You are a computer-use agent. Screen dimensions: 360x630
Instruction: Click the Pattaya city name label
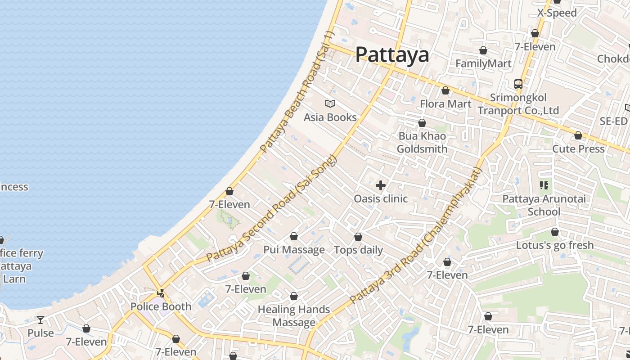click(392, 55)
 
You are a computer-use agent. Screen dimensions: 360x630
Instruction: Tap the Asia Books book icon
click(330, 104)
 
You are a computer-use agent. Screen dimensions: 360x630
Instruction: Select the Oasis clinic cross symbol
click(381, 185)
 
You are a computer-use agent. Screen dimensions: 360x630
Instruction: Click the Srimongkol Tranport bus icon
click(518, 84)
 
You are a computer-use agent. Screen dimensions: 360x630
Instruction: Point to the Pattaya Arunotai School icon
click(544, 185)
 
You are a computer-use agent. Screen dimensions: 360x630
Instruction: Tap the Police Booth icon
click(161, 293)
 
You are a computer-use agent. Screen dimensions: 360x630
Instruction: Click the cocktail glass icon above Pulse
click(40, 319)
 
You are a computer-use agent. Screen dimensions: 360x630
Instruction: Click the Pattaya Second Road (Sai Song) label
click(271, 208)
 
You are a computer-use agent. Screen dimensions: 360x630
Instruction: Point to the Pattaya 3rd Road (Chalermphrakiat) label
click(416, 235)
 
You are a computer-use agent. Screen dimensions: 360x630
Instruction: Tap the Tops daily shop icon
click(358, 237)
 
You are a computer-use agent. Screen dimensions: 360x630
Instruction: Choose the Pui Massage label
click(294, 250)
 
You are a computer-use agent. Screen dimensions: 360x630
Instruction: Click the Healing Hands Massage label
click(294, 316)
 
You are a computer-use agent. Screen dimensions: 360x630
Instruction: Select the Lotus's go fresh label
click(555, 245)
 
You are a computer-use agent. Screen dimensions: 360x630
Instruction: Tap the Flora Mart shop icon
click(445, 91)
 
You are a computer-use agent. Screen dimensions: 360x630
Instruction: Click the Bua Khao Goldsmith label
click(422, 143)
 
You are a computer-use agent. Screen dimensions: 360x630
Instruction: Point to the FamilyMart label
click(483, 63)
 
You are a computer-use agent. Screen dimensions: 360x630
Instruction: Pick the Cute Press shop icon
click(578, 135)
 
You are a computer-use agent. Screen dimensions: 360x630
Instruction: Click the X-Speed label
click(557, 13)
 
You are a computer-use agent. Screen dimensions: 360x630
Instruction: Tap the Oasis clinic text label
click(381, 198)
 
